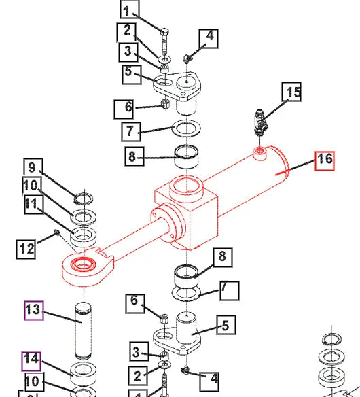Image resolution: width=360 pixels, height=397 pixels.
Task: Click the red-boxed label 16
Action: (x=325, y=160)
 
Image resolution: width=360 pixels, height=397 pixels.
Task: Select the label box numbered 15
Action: (x=292, y=92)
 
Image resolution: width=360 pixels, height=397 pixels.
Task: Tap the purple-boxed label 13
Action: (x=34, y=311)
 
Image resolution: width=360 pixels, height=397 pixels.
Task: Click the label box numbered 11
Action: (x=31, y=203)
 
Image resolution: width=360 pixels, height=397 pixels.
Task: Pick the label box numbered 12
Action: (x=26, y=249)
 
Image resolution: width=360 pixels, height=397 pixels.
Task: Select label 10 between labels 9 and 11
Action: (x=31, y=186)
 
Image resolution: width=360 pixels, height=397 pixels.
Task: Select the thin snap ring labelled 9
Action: (x=83, y=198)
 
